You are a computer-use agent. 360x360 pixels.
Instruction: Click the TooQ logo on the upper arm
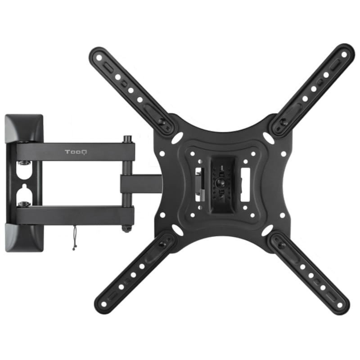point(76,152)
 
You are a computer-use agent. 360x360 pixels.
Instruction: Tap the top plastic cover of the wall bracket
point(24,129)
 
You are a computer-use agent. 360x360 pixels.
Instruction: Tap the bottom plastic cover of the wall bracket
point(24,238)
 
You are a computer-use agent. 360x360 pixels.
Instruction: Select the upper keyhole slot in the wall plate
point(24,171)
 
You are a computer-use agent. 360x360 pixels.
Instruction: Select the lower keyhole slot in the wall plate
point(24,193)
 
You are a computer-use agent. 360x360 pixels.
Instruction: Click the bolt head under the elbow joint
point(126,229)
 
